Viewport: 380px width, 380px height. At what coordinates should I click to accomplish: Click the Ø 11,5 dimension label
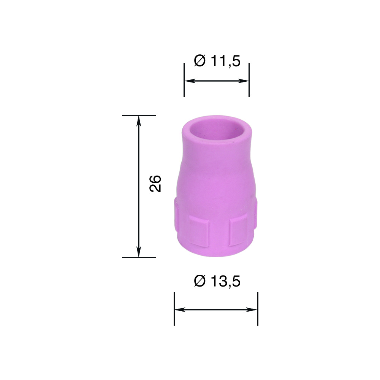click(x=217, y=61)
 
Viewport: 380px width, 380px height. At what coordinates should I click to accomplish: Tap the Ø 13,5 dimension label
click(x=217, y=281)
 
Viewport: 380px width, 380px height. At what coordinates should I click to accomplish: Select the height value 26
click(x=155, y=184)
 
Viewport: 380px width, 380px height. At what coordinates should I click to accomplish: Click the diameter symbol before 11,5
click(x=200, y=61)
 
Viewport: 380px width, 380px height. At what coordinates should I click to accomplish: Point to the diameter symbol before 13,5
click(x=200, y=281)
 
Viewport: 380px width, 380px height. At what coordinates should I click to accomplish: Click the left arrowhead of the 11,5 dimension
click(x=190, y=81)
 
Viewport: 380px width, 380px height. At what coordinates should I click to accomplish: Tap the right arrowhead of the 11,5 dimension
click(x=243, y=81)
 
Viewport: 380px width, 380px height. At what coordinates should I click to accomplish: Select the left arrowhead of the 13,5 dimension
click(x=180, y=309)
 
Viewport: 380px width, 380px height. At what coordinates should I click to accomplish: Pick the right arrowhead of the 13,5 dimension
click(x=252, y=309)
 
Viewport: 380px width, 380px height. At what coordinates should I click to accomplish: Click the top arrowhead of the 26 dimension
click(x=139, y=121)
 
